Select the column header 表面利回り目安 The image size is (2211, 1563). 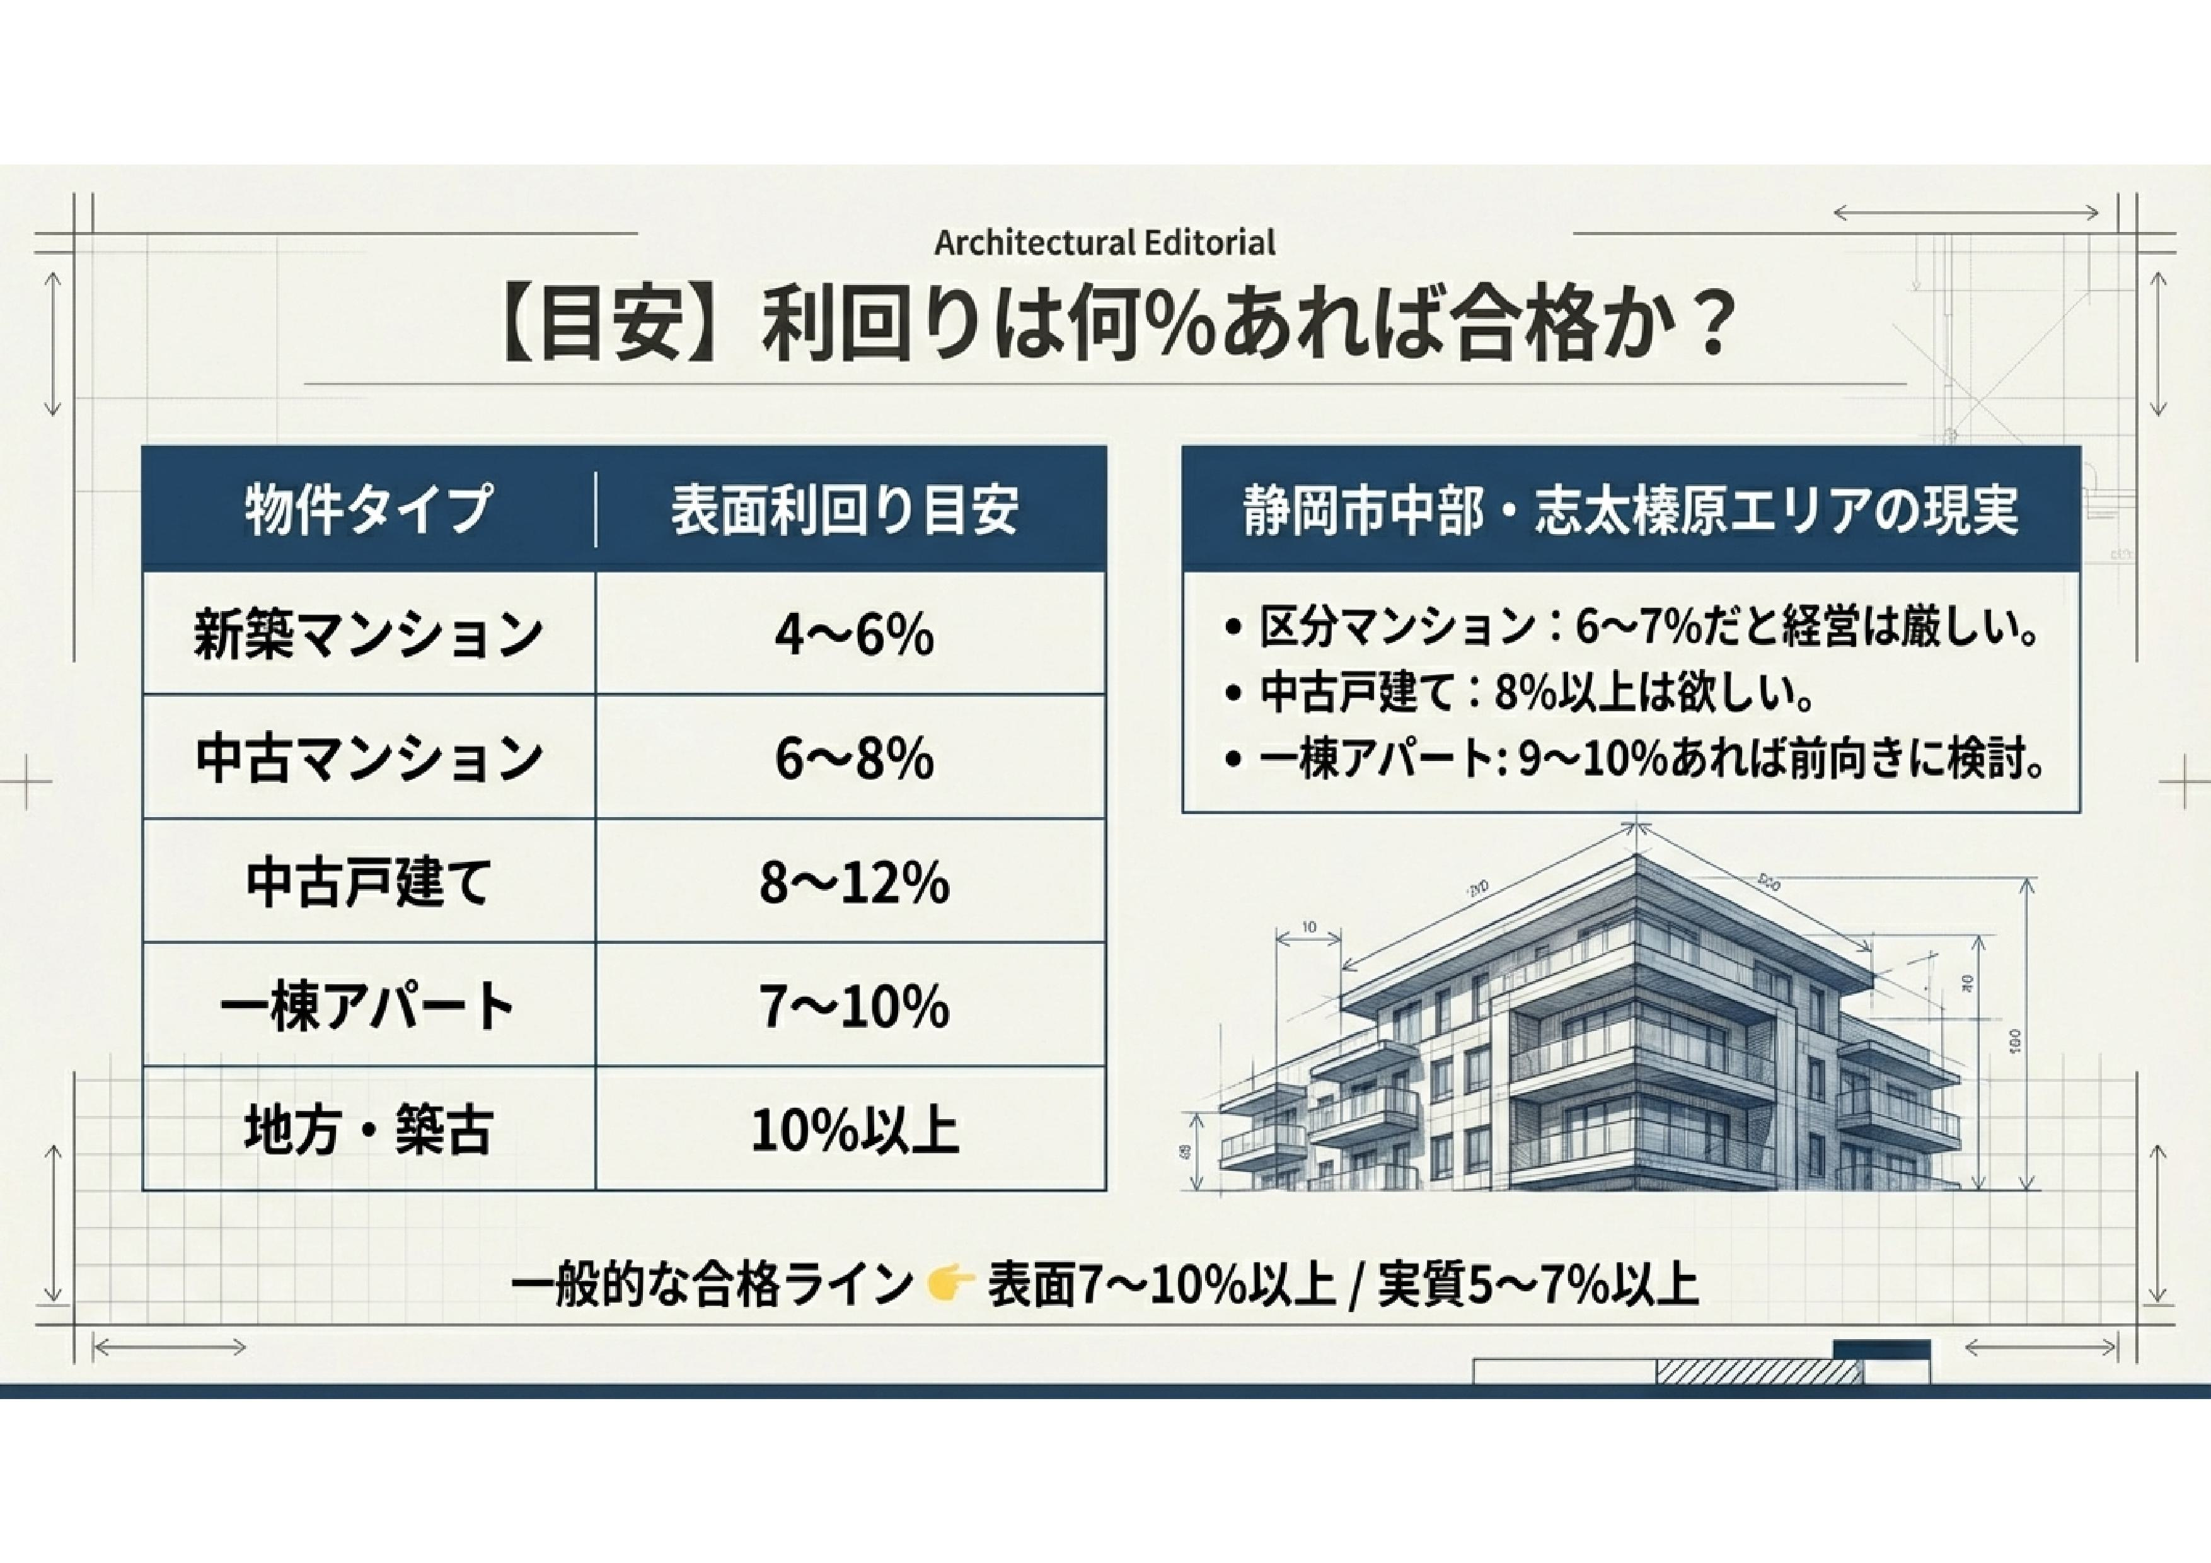coord(845,509)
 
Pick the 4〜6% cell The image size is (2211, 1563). coord(853,635)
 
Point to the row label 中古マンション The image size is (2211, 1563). coord(369,757)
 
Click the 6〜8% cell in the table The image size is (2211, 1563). coord(853,758)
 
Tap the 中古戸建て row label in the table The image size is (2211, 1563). coord(369,881)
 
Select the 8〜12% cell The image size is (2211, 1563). coord(853,882)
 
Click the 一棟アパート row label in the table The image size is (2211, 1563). coord(368,1006)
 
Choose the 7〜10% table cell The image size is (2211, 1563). coord(853,1006)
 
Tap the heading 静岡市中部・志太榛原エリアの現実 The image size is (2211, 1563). coord(1631,509)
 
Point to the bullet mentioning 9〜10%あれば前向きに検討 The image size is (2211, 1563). coord(1634,760)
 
